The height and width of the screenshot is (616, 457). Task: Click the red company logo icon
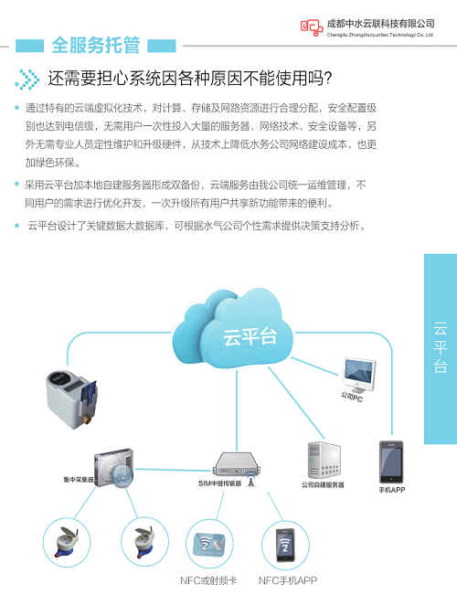coord(312,27)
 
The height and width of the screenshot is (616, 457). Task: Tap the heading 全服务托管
coord(95,45)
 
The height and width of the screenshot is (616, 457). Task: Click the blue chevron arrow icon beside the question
coord(27,79)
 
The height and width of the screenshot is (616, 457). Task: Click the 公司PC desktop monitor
coord(359,376)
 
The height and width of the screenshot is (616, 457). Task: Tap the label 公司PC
coord(352,398)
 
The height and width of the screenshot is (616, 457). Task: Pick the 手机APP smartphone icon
coord(391,462)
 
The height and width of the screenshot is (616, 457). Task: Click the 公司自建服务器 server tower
coord(324,460)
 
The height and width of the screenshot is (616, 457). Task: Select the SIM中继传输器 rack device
coord(237,465)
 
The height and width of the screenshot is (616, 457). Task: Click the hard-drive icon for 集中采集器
coord(114,468)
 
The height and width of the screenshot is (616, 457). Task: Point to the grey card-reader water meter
coord(71,399)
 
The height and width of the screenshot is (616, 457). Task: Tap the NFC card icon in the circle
coord(208,544)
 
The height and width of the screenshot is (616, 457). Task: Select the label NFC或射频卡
coord(208,580)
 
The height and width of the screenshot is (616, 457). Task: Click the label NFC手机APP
coord(288,580)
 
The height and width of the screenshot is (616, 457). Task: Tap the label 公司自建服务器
coord(323,484)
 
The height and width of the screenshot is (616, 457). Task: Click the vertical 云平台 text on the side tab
coord(441,347)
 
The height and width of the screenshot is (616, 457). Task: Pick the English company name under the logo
coord(380,35)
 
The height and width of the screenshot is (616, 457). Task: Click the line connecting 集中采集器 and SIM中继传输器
coord(173,470)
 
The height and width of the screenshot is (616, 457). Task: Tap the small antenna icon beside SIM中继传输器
coord(250,480)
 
